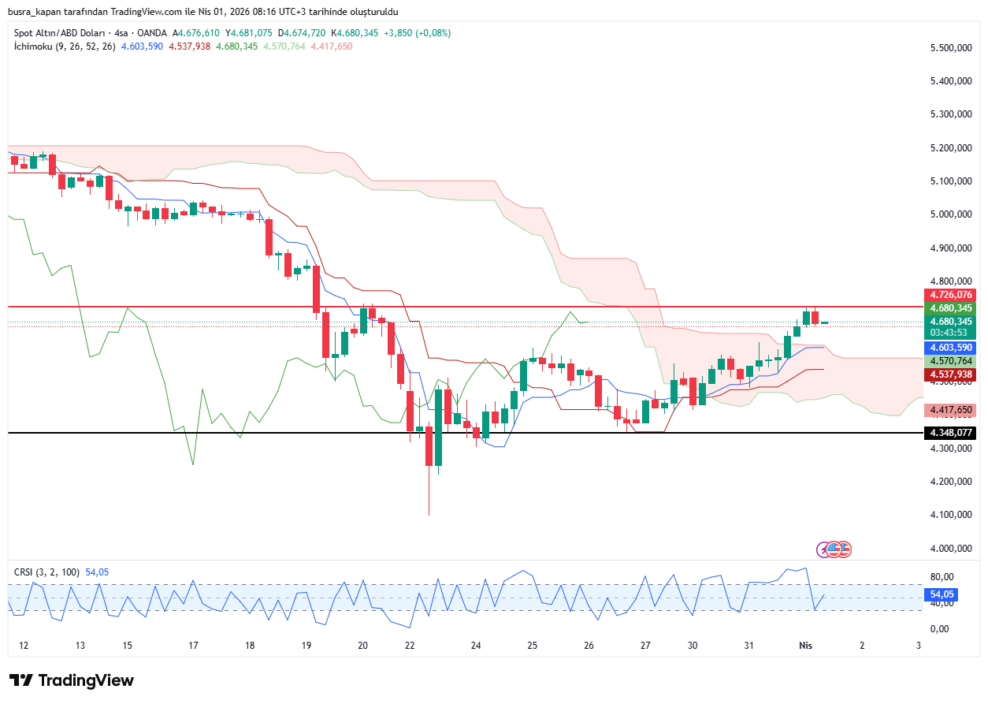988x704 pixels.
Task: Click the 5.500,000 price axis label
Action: (949, 48)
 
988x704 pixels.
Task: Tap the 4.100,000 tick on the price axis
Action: (949, 515)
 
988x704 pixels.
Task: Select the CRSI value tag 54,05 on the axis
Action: (942, 594)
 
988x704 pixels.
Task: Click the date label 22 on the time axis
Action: (410, 646)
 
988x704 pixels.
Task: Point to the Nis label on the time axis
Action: (805, 646)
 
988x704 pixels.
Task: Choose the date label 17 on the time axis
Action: (193, 646)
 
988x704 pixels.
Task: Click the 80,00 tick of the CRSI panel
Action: (942, 576)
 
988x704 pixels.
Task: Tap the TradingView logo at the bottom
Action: (72, 680)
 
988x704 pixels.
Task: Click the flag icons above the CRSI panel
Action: (835, 549)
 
